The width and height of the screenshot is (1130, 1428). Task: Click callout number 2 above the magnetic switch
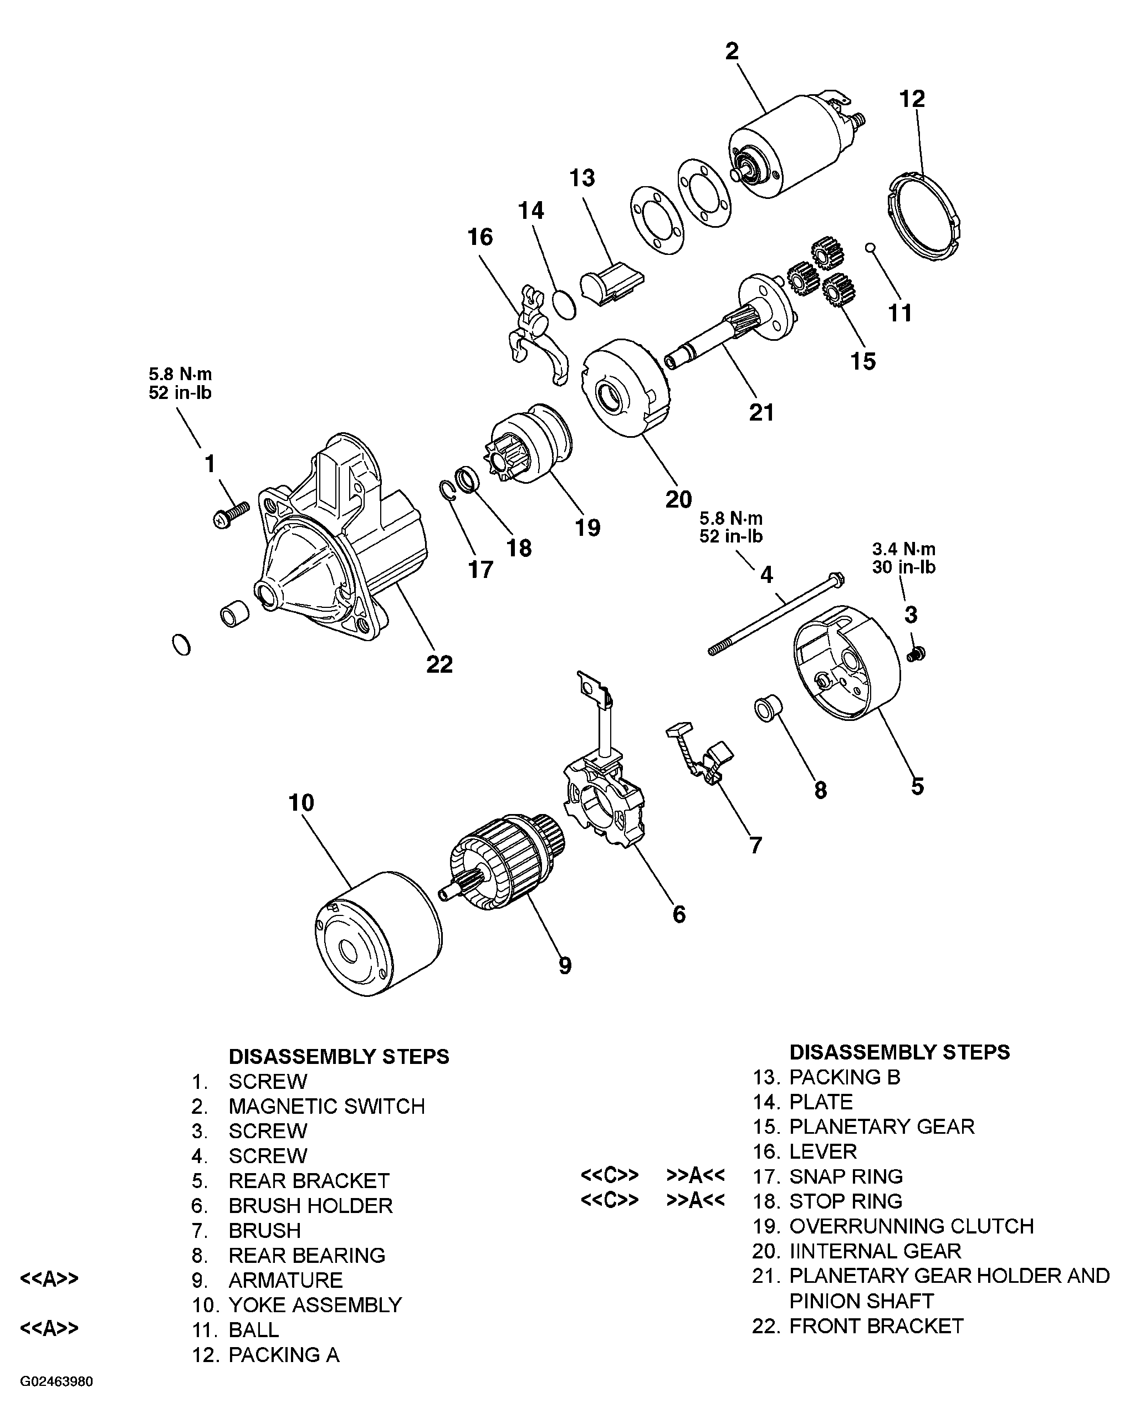point(732,52)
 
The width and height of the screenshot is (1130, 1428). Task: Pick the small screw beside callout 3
point(916,654)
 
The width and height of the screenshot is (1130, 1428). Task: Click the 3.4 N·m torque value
point(903,549)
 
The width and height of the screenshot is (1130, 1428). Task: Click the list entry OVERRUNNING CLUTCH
point(911,1226)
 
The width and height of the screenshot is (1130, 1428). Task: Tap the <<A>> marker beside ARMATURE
point(50,1279)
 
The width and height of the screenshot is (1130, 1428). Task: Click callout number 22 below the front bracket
point(439,663)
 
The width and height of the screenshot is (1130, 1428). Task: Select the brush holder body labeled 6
point(604,804)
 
